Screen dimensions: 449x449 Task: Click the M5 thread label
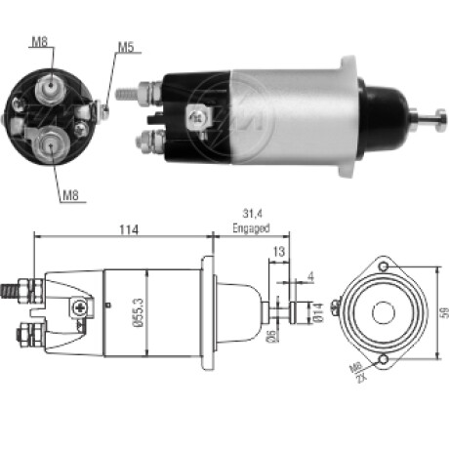tap(126, 47)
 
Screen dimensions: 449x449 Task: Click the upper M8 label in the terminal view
tap(40, 41)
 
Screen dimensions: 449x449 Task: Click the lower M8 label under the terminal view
tap(70, 195)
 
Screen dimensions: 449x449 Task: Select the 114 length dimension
tap(129, 229)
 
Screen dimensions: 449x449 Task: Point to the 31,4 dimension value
tap(252, 214)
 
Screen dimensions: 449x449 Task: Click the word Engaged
tap(251, 228)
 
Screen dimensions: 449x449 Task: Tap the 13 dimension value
tap(279, 251)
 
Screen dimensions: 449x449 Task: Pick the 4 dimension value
tap(311, 277)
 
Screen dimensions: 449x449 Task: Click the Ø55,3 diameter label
tap(139, 312)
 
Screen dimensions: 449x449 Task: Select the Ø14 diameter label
tap(318, 312)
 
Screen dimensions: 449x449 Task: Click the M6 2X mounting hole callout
tap(358, 373)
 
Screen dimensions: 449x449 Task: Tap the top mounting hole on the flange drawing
tap(384, 266)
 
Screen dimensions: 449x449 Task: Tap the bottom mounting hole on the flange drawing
tap(384, 359)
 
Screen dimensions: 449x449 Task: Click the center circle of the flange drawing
tap(384, 312)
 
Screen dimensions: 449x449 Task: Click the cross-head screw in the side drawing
tap(79, 307)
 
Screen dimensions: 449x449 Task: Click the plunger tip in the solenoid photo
tap(441, 121)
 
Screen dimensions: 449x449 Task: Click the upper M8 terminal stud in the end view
tap(51, 86)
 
